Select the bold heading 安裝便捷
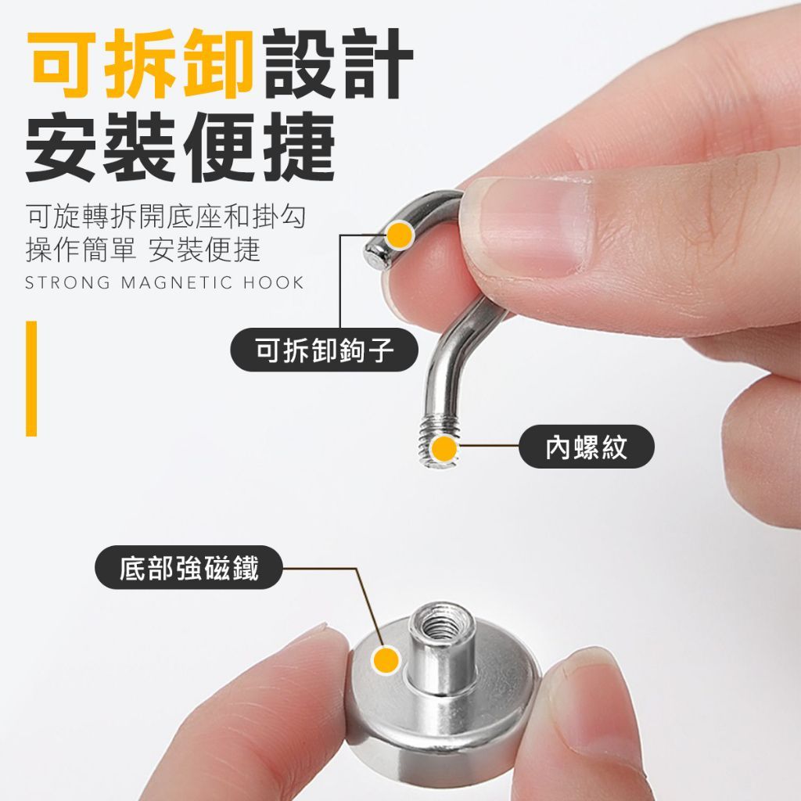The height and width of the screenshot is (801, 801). (x=181, y=146)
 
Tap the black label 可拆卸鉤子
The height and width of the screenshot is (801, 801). (x=325, y=350)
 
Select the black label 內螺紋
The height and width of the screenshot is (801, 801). (x=587, y=447)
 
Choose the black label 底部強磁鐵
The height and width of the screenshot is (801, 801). (x=189, y=568)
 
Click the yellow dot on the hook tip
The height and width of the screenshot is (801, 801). (x=400, y=235)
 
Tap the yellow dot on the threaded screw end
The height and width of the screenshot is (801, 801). (x=444, y=449)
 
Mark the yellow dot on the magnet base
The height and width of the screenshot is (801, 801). (x=386, y=659)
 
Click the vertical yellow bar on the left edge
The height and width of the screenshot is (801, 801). (x=31, y=379)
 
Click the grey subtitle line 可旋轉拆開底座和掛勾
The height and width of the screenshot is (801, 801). (x=166, y=217)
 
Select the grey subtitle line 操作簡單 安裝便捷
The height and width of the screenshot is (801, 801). (x=143, y=250)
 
